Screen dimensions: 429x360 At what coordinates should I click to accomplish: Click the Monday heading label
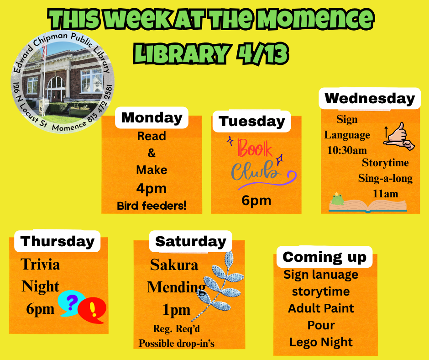coord(152,117)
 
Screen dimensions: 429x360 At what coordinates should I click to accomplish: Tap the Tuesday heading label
coord(252,122)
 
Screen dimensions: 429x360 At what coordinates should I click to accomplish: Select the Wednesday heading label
coord(370,98)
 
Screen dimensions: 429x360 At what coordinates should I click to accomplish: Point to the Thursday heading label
coord(57,241)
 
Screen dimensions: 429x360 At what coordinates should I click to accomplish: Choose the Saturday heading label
coord(191,241)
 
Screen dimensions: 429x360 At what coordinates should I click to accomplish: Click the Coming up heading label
coord(324,257)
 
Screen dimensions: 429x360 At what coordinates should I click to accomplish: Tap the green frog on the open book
coord(338,199)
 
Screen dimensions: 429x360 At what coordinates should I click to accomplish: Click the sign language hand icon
coord(399,137)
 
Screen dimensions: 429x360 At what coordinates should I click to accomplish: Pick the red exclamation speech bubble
coord(93,310)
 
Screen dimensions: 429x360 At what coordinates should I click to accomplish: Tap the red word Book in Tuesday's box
coord(255,148)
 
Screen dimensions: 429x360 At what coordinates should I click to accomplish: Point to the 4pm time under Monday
coord(152,189)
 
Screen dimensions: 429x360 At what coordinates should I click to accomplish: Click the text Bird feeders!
coord(152,206)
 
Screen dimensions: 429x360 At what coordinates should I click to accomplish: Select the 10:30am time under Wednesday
coord(347,150)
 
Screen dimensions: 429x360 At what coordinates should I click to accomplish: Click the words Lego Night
coord(321,342)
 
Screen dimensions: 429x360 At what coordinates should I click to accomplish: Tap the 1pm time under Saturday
coord(177,310)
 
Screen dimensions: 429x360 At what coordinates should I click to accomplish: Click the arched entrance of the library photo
coord(56,88)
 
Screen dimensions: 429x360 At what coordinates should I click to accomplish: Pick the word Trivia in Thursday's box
coord(40,265)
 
